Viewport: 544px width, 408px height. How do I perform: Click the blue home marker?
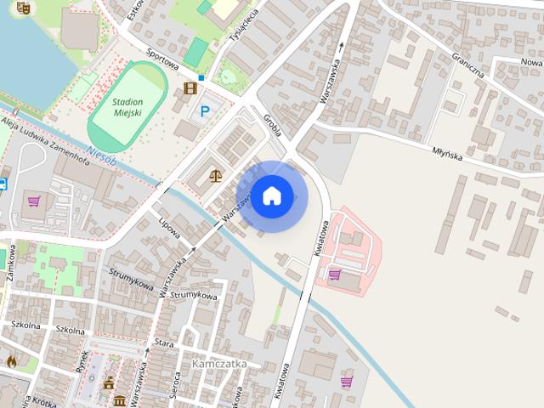tap(271, 195)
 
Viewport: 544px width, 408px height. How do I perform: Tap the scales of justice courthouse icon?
tap(214, 175)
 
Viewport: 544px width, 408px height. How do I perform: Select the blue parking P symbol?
tap(205, 110)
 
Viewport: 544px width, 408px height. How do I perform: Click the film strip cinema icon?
tap(190, 88)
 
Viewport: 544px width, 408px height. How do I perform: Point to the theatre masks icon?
tap(23, 7)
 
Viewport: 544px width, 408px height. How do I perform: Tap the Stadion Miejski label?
tap(127, 108)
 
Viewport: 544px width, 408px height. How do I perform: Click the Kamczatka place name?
tap(219, 363)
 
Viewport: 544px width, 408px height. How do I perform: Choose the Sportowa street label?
tap(161, 56)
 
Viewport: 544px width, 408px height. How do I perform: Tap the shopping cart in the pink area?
tap(334, 275)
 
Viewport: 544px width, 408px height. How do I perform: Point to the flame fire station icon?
tap(12, 361)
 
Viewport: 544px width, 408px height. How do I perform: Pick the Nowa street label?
tap(530, 62)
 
